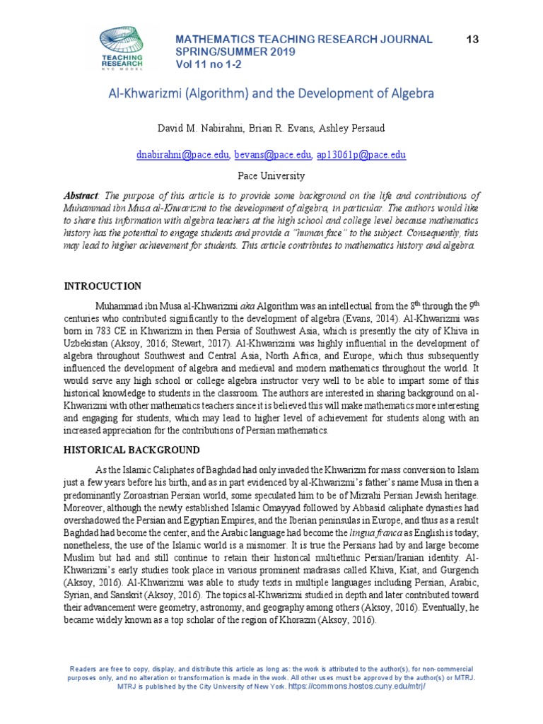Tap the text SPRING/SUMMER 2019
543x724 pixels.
[236, 53]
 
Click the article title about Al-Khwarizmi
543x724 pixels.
[271, 93]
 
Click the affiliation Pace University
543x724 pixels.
[271, 175]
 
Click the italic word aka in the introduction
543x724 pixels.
[248, 306]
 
